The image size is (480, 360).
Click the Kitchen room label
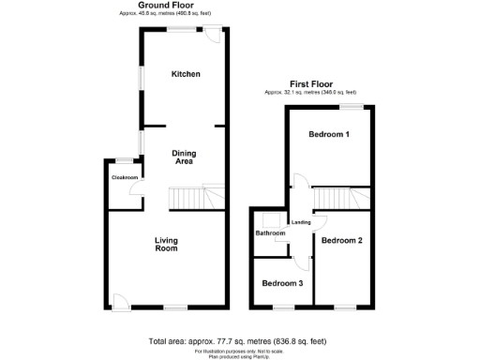[185, 74]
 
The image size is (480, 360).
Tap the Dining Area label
[185, 157]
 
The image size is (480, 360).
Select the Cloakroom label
[125, 177]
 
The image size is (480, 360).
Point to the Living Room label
[166, 245]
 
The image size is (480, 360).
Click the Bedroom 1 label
[329, 135]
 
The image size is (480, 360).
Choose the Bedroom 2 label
[341, 241]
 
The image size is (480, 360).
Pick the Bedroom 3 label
[282, 283]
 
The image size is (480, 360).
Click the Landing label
[301, 222]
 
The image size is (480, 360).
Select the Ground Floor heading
[172, 6]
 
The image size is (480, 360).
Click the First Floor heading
[310, 83]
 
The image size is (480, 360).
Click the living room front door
[119, 300]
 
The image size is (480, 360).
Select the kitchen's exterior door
[214, 35]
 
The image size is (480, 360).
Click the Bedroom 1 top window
[352, 107]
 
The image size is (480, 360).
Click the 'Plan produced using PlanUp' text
[240, 355]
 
